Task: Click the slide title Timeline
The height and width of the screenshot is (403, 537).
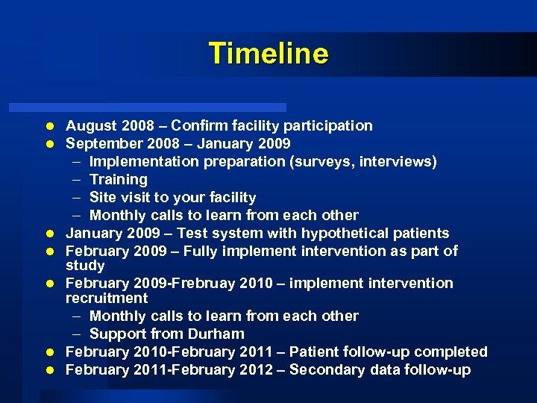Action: [268, 54]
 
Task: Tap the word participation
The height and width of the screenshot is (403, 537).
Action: [326, 125]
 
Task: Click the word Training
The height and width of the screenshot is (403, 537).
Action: [119, 179]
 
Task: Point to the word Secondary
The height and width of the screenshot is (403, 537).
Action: [324, 369]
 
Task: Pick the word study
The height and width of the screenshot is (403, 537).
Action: [85, 266]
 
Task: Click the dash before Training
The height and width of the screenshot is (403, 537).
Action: [78, 179]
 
